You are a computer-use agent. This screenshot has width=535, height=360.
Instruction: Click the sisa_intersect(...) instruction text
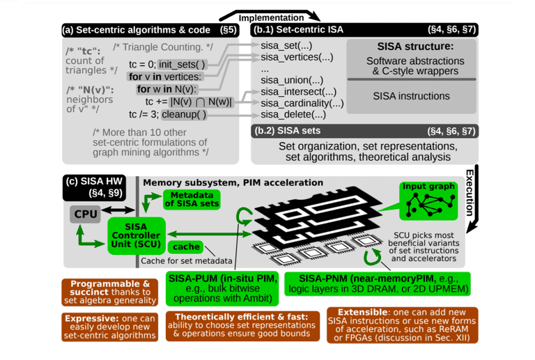pyautogui.click(x=298, y=92)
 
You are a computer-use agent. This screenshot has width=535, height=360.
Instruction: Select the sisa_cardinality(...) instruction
pyautogui.click(x=302, y=103)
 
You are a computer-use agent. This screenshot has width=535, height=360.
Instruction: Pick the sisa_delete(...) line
pyautogui.click(x=293, y=114)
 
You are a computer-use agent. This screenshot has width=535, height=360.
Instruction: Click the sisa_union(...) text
pyautogui.click(x=291, y=81)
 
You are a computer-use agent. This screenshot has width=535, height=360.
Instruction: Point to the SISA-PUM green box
pyautogui.click(x=222, y=289)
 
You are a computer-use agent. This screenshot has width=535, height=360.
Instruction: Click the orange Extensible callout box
pyautogui.click(x=402, y=325)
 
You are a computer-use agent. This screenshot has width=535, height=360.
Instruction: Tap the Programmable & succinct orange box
pyautogui.click(x=109, y=292)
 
